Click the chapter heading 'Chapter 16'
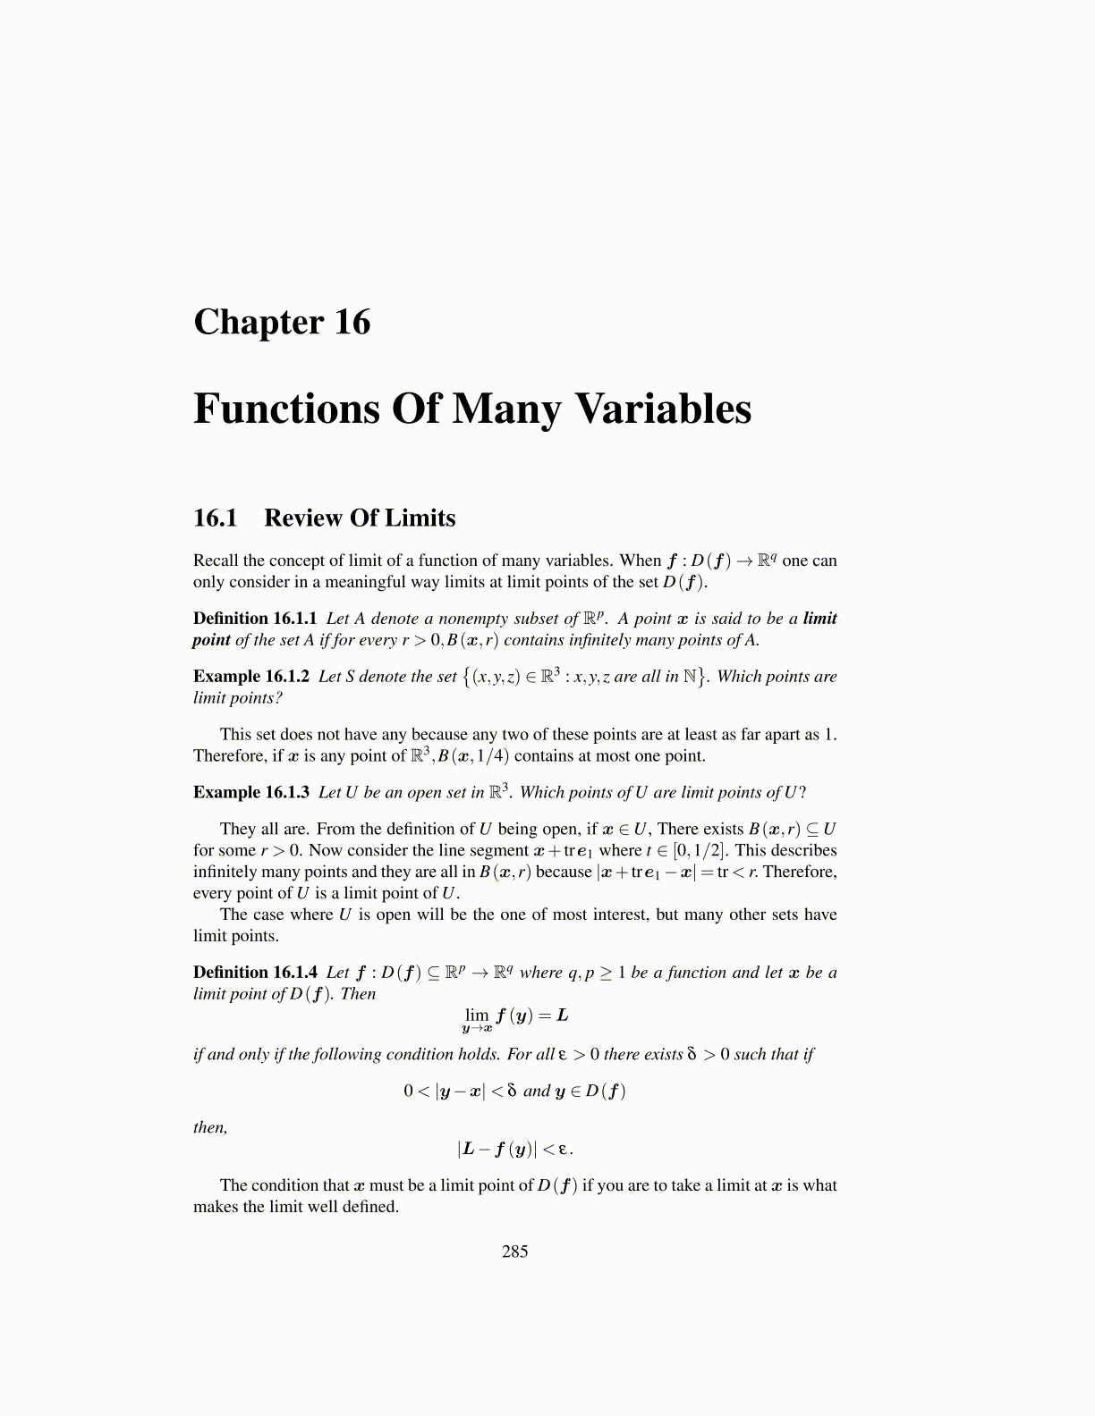282,323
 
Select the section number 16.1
216,518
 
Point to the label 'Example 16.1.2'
251,677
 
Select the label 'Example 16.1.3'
251,793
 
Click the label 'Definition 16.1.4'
255,973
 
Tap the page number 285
515,1252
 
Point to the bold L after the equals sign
562,1016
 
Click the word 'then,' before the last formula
210,1127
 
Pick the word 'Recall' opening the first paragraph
216,560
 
